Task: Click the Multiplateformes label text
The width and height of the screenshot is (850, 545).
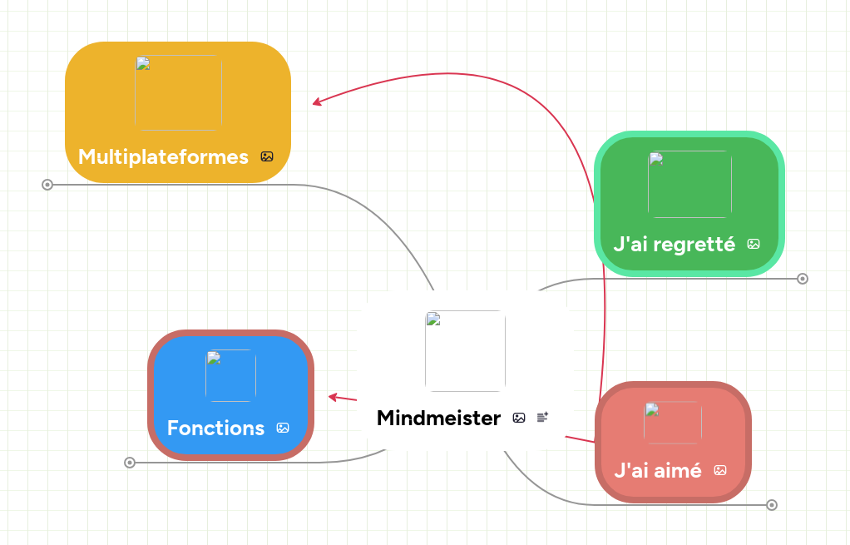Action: [x=163, y=156]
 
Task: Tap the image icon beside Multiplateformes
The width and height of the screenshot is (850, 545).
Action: [x=267, y=156]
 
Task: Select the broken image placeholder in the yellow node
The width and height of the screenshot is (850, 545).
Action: [x=178, y=93]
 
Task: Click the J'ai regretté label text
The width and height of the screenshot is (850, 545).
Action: [x=674, y=245]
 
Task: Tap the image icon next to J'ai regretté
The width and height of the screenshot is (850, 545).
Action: [x=754, y=244]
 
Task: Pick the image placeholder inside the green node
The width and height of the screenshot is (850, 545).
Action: [x=689, y=184]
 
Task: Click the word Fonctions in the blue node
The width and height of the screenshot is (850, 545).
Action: [x=215, y=428]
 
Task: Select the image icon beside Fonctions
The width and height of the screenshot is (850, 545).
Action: [x=283, y=428]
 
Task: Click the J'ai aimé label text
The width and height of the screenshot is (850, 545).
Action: [x=657, y=470]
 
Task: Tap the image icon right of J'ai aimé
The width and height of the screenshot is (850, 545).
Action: [x=720, y=470]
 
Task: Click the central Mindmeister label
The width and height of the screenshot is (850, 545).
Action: [x=438, y=418]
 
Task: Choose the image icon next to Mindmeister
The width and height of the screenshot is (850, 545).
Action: [x=519, y=418]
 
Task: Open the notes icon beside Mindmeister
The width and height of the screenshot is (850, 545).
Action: [x=542, y=417]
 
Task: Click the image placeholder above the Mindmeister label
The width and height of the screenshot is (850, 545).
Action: [x=465, y=351]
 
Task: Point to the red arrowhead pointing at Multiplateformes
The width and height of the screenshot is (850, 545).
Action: [x=316, y=103]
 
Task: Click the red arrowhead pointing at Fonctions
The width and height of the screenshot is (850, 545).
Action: [x=332, y=397]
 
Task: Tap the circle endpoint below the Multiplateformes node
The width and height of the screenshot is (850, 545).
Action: [x=47, y=185]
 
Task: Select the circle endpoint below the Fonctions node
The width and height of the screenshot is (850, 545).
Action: [x=130, y=463]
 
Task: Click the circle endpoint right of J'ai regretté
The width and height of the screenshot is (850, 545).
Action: [x=803, y=279]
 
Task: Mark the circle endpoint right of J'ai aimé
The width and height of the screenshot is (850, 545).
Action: [x=772, y=505]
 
